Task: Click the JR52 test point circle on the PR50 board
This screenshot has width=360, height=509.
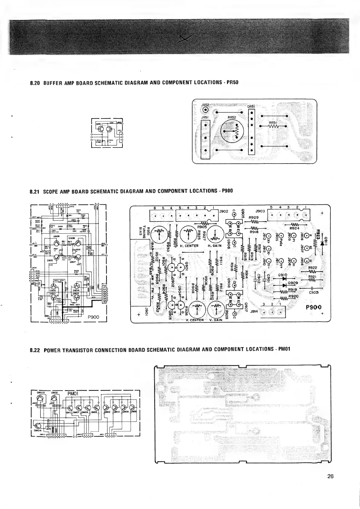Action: [206, 110]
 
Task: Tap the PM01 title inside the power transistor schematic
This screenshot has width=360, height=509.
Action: [73, 394]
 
